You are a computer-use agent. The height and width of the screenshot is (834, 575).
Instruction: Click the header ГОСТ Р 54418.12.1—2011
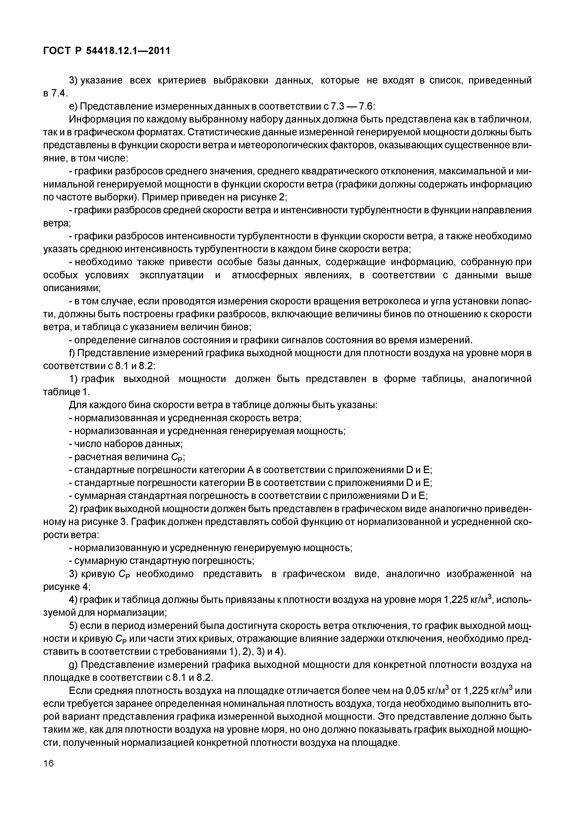[x=106, y=51]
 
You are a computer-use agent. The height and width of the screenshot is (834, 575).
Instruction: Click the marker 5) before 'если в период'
[x=73, y=625]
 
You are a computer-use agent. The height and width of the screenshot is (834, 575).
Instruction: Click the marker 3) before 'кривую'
[x=73, y=573]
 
